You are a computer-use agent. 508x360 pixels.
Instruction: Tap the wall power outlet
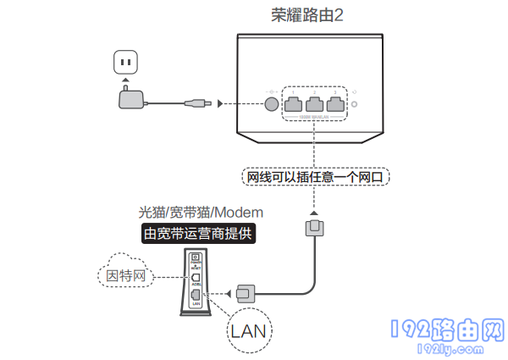point(126,63)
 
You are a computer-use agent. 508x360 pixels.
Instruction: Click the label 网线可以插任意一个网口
point(314,178)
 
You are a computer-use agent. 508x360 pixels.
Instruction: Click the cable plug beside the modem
point(245,292)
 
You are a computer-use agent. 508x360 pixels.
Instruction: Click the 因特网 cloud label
point(127,275)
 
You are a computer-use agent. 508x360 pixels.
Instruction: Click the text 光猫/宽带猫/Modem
point(201,212)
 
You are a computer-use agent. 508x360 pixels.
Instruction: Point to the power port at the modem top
point(196,258)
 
